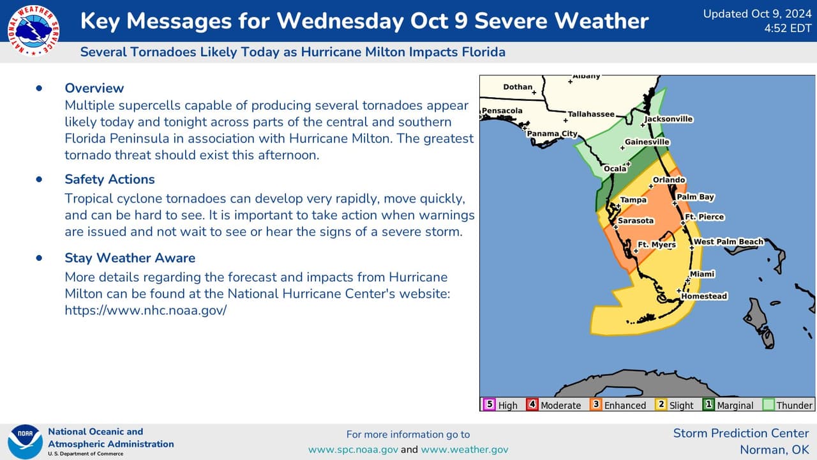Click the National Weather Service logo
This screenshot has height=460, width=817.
pyautogui.click(x=33, y=30)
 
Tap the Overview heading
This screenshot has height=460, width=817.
pyautogui.click(x=94, y=88)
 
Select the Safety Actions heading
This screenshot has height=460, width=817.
pyautogui.click(x=109, y=180)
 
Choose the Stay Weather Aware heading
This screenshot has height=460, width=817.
pyautogui.click(x=130, y=258)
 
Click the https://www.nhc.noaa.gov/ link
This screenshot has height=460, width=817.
pyautogui.click(x=146, y=310)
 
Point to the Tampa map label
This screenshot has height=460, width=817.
pyautogui.click(x=633, y=200)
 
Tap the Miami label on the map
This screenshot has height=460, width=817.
pyautogui.click(x=702, y=274)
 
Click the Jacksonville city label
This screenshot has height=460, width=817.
pyautogui.click(x=668, y=119)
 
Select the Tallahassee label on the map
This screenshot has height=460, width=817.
pyautogui.click(x=591, y=114)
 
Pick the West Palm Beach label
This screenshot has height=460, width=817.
pyautogui.click(x=728, y=241)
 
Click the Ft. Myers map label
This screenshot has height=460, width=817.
pyautogui.click(x=657, y=245)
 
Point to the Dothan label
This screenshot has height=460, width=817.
pyautogui.click(x=517, y=87)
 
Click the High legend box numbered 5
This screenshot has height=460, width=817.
pyautogui.click(x=490, y=404)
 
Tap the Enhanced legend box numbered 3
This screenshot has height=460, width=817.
pyautogui.click(x=596, y=404)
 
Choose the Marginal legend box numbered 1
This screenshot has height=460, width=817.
pyautogui.click(x=708, y=404)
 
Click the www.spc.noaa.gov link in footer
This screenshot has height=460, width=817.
pyautogui.click(x=353, y=450)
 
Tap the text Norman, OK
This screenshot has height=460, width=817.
pyautogui.click(x=774, y=450)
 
